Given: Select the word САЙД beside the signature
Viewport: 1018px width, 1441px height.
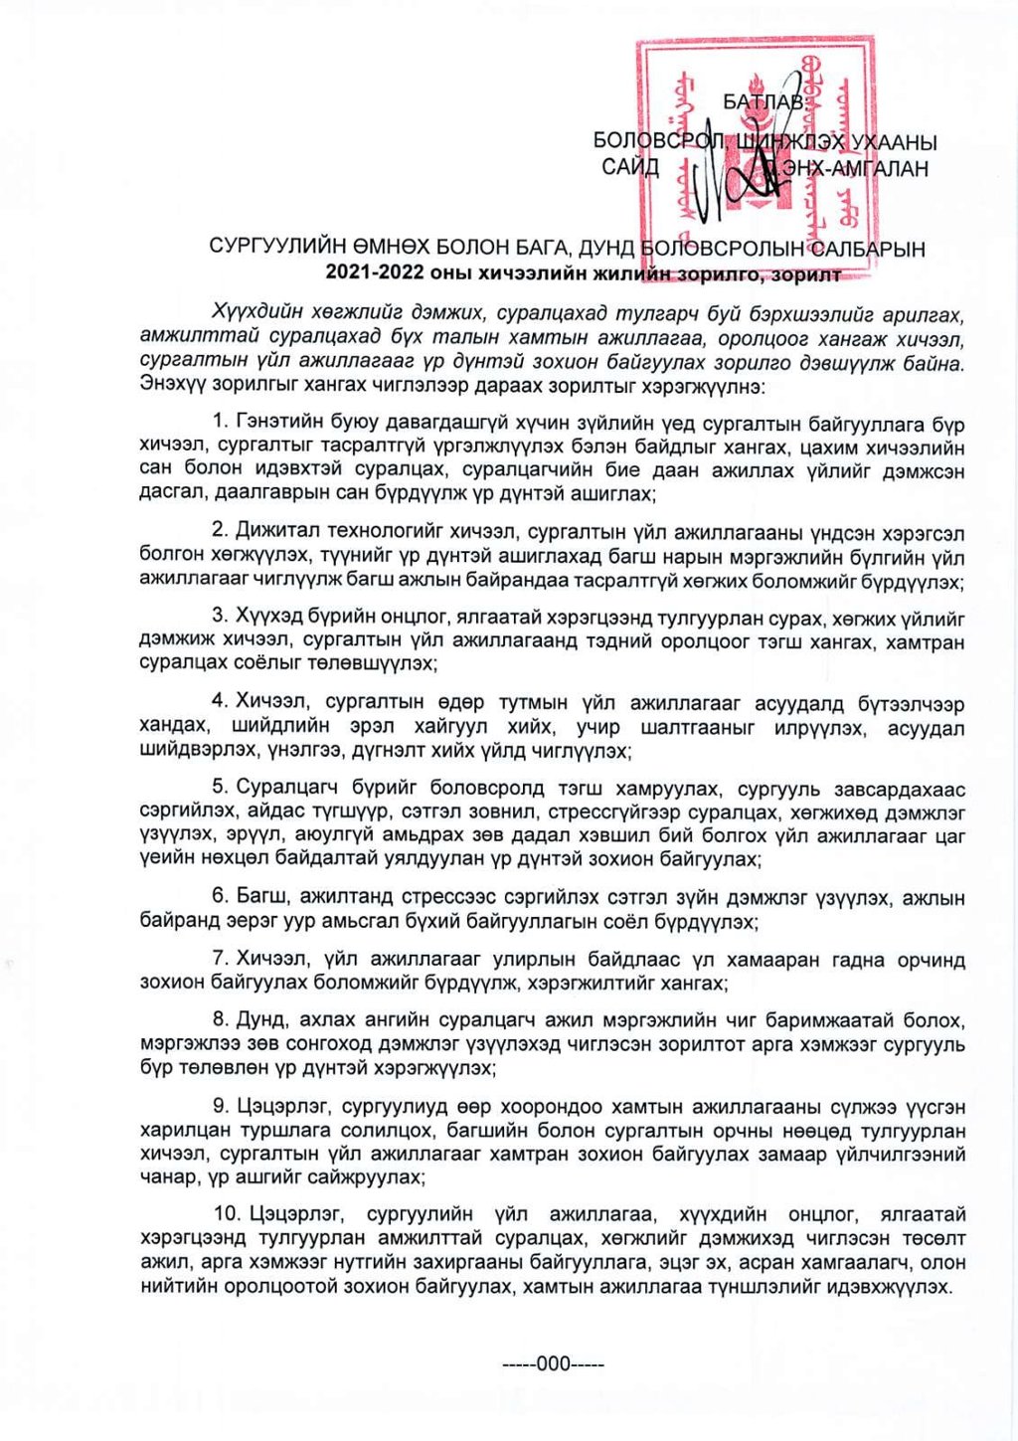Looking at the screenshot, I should [x=629, y=167].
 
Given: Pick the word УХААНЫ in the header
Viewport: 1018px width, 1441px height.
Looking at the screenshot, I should [x=894, y=142].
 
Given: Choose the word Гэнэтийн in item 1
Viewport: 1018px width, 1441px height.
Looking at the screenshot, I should [x=278, y=425].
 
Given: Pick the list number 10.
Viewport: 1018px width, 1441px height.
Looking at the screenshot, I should [x=228, y=1214].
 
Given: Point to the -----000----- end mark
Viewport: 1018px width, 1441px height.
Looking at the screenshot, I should [x=551, y=1363].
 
